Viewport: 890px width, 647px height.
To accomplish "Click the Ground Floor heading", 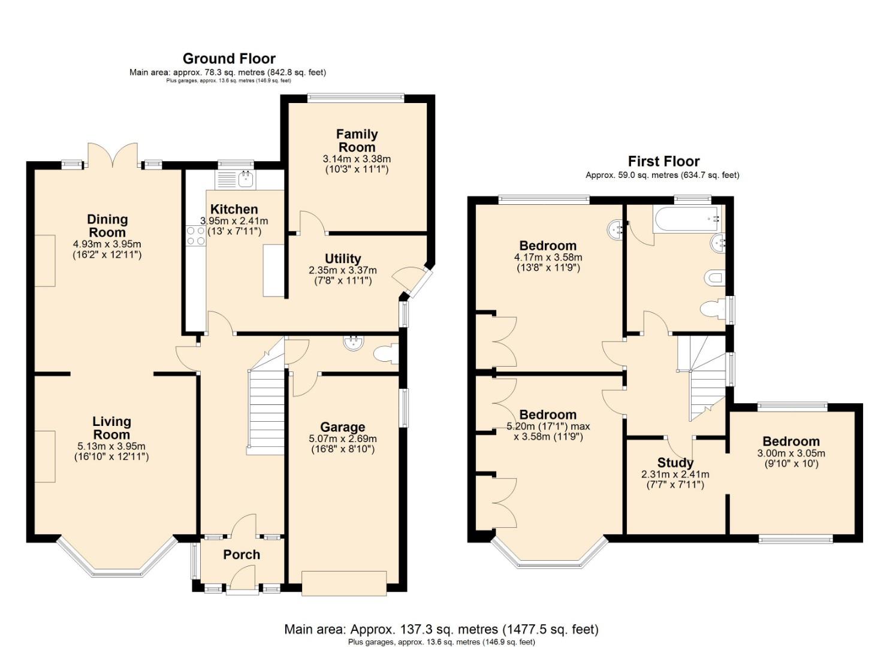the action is pos(229,59).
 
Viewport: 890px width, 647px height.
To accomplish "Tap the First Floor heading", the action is pos(663,161).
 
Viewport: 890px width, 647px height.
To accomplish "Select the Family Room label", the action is pos(357,141).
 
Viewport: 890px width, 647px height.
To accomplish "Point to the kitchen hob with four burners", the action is pos(195,235).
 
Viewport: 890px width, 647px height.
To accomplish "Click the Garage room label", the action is pos(342,427).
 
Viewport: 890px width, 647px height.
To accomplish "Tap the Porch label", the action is pos(242,555).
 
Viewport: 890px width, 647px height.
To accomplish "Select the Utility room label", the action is pos(343,259).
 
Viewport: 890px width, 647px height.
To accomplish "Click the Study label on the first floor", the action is pos(675,462).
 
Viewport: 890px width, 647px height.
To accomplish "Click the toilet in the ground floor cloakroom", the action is pos(386,354).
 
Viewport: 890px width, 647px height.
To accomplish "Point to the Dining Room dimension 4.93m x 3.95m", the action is pos(107,244).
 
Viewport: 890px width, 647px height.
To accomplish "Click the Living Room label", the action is pos(111,428).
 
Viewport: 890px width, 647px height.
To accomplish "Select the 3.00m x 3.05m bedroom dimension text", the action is pos(791,453).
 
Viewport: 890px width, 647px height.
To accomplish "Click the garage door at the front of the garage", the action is pos(343,583).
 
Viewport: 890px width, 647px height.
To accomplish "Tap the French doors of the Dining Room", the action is pos(113,156).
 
